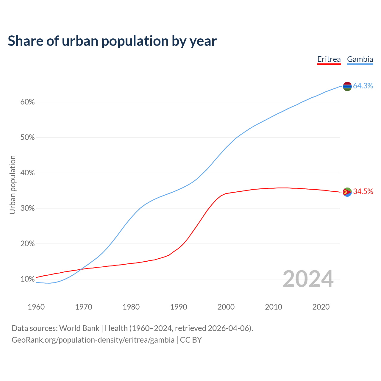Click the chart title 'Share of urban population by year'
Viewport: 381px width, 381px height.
click(x=112, y=41)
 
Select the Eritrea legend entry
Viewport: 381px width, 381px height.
click(x=329, y=59)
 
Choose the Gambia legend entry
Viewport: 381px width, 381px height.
click(x=360, y=59)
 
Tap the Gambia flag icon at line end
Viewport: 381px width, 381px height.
click(x=347, y=86)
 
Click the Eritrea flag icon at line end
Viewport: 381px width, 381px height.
click(x=347, y=192)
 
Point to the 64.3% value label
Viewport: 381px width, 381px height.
click(x=363, y=86)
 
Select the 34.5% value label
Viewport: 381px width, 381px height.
click(x=363, y=191)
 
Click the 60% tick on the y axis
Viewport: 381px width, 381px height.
click(x=27, y=102)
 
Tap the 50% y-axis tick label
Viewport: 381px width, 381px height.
click(x=27, y=138)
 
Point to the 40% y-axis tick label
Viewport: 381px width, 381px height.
click(x=27, y=173)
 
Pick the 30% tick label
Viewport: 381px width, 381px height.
click(x=27, y=208)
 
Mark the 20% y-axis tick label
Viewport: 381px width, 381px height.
click(x=27, y=244)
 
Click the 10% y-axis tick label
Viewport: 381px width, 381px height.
click(x=27, y=279)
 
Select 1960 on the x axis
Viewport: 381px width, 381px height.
click(x=36, y=307)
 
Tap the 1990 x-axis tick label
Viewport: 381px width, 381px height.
click(x=179, y=307)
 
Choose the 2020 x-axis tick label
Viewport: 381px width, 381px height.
click(x=321, y=307)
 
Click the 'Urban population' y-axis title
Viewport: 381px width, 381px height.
click(x=13, y=185)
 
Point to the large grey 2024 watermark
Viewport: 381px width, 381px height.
click(x=308, y=279)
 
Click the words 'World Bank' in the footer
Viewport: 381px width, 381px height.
click(x=79, y=328)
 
